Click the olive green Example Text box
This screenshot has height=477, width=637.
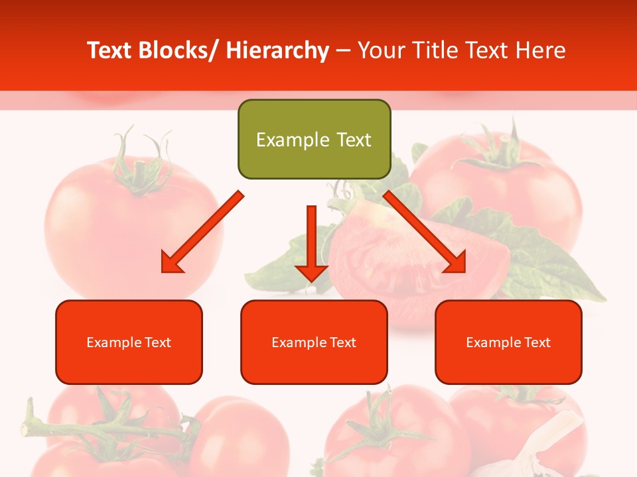pos(314,139)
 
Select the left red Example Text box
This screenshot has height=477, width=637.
pos(129,342)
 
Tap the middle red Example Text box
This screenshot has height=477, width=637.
pos(314,342)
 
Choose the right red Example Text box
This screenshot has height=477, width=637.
pos(508,342)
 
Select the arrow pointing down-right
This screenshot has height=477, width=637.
pos(425,232)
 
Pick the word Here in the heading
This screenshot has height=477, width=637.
pos(541,50)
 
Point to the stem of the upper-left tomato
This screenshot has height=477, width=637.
pos(139,166)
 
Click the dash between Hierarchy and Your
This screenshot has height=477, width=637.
pos(343,51)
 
